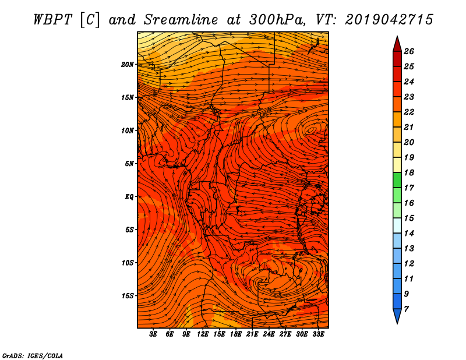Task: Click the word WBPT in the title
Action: [52, 20]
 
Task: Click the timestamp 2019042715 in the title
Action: [389, 20]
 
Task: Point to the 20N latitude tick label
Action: [128, 64]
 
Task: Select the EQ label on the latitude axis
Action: [129, 197]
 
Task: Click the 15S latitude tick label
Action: [128, 296]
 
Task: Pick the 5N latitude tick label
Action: [129, 164]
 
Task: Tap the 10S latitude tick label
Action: [128, 263]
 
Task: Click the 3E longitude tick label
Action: [153, 334]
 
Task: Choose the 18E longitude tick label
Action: [235, 334]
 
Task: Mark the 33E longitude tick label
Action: [318, 334]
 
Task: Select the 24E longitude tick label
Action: [269, 334]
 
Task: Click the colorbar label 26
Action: [409, 51]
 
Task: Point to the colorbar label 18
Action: [409, 172]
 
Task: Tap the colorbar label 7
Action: [406, 309]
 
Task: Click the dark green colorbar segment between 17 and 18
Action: [397, 180]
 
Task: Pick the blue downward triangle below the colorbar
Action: [397, 315]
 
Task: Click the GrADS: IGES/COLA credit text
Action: [33, 355]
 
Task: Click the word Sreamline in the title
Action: [181, 20]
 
